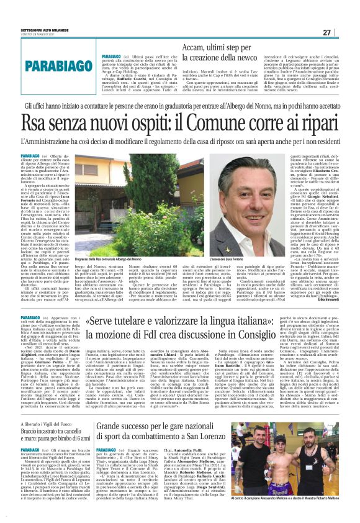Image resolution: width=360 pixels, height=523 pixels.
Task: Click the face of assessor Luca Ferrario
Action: coord(250,190)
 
